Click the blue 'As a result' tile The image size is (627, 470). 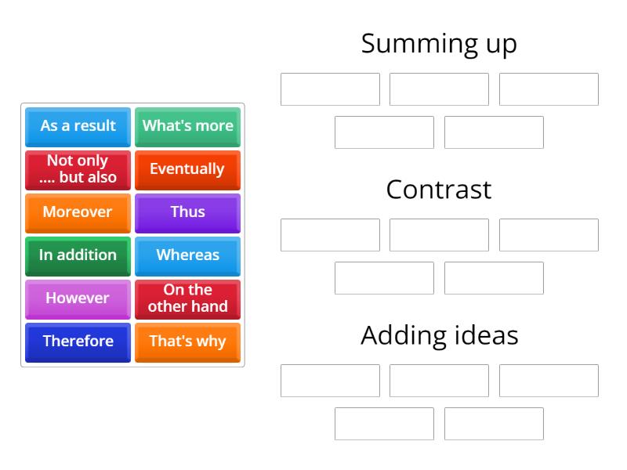(78, 126)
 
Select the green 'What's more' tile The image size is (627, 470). (187, 126)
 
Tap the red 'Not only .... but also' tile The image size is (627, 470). (78, 169)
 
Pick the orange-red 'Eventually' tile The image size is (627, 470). (187, 169)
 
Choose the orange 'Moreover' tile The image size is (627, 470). (78, 212)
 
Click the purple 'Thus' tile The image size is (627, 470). (187, 212)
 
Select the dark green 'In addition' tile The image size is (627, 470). (78, 255)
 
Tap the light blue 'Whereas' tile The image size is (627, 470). (187, 255)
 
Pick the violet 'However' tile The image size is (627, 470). (78, 298)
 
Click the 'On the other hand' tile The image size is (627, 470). (187, 298)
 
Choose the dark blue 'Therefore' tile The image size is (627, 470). (78, 342)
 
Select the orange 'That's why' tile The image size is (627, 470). (187, 342)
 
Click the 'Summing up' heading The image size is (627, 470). (439, 44)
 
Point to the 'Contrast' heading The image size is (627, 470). (439, 190)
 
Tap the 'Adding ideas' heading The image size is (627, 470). (439, 335)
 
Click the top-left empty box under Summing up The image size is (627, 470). (330, 89)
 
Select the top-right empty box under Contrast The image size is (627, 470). (549, 235)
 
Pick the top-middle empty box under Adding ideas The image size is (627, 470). (439, 381)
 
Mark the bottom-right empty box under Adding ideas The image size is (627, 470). (494, 424)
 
